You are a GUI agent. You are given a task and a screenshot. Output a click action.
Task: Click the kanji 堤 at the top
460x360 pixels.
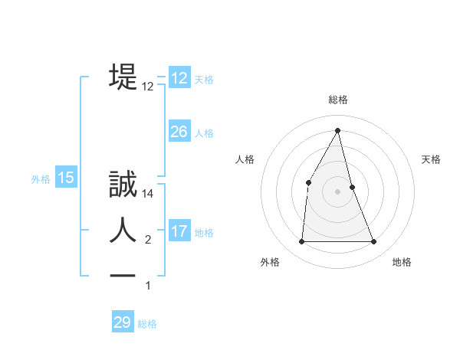pos(123,77)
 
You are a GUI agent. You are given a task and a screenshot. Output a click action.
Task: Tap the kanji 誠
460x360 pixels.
pos(123,185)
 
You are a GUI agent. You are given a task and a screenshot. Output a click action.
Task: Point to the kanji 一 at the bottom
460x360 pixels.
pos(123,274)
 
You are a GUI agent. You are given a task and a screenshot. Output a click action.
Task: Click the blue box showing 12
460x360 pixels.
pos(179,78)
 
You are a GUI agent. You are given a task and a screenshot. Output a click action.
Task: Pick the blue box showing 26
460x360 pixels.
pos(179,132)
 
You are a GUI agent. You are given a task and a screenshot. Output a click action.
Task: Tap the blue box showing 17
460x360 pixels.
pos(179,231)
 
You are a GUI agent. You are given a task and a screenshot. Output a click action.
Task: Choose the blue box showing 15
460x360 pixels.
pos(66,178)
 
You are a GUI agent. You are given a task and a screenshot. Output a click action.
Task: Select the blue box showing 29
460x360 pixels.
pos(123,322)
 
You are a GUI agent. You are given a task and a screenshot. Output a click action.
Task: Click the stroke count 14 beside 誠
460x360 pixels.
pos(149,195)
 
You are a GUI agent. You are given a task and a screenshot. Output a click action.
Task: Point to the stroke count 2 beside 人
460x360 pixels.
pos(148,241)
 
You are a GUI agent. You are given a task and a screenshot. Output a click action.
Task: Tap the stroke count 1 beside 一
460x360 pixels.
pos(148,286)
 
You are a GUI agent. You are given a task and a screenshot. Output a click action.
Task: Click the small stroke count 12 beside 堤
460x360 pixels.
pos(148,87)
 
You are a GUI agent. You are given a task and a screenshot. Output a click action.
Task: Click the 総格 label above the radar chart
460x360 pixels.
pos(337,100)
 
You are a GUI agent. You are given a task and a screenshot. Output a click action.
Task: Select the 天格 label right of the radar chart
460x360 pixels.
pos(431,159)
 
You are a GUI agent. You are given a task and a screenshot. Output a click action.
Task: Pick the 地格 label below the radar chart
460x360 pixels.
pos(402,262)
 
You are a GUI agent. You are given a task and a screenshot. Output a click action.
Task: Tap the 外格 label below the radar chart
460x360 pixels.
pos(270,262)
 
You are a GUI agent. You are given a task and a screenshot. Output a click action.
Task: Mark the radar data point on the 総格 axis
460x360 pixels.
pos(337,130)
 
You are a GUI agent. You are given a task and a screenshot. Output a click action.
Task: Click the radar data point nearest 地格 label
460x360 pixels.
pos(374,242)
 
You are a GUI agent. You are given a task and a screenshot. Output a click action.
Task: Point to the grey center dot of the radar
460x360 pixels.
pos(337,191)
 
